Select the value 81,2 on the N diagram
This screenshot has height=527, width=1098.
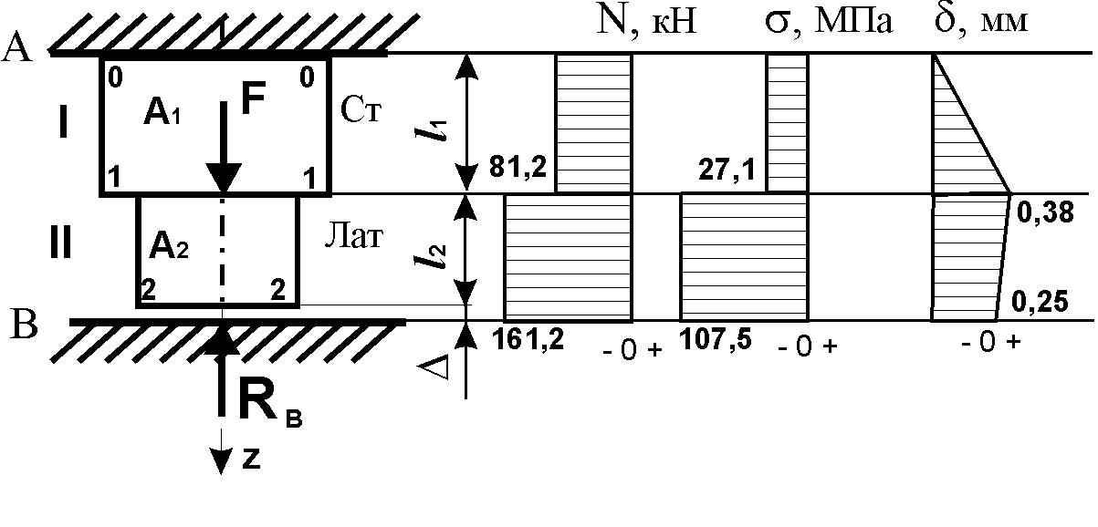point(518,167)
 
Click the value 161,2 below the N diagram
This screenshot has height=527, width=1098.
point(528,338)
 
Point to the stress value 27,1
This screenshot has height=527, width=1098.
point(727,170)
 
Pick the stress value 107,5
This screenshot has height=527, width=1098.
point(716,338)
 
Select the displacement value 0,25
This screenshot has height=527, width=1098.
point(1040,301)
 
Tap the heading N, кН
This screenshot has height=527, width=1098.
point(646,21)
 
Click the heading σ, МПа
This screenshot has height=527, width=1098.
point(829,22)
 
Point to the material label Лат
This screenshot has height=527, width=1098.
point(353,235)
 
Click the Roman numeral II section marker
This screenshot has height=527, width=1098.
point(61,242)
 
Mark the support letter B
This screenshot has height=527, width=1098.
point(24,325)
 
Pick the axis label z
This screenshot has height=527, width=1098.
point(251,460)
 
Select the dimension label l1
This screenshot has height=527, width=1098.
point(432,129)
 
